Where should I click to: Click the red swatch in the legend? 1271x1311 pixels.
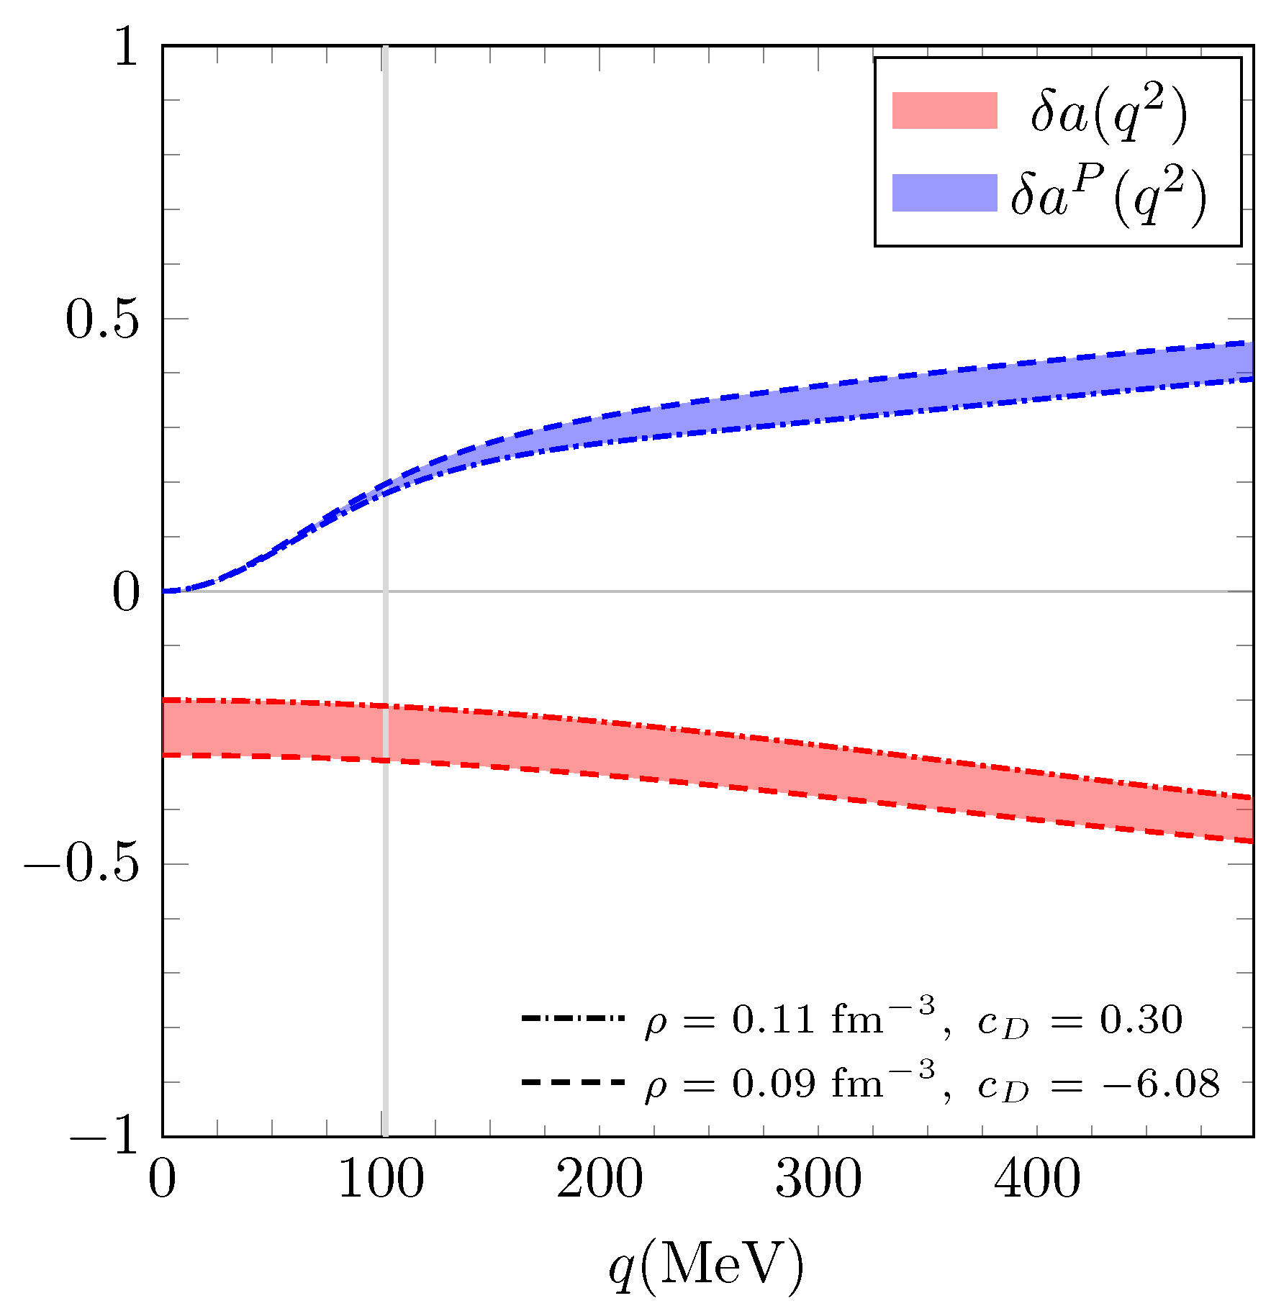coord(944,111)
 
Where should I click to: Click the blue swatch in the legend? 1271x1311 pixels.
coord(944,193)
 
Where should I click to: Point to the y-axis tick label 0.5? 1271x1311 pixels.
coord(101,319)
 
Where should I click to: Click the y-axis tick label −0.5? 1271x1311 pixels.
coord(81,864)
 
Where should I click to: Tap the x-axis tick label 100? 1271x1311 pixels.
coord(381,1180)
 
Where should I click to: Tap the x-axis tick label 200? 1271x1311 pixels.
coord(600,1180)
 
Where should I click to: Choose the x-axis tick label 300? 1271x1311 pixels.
coord(818,1180)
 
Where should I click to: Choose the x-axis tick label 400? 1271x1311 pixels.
coord(1037,1180)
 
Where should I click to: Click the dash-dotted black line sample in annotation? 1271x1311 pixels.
coord(573,1019)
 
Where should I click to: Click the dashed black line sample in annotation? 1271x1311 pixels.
coord(573,1081)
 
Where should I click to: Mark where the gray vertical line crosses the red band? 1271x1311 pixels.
coord(385,733)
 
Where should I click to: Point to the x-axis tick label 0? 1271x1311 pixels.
coord(163,1180)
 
